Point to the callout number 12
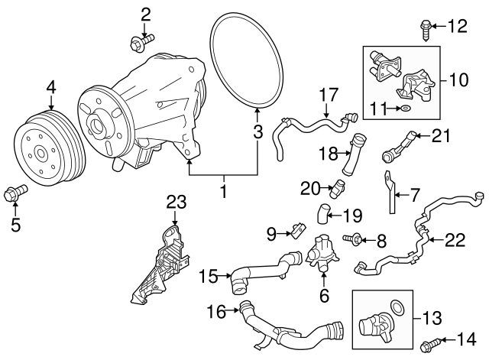[456, 28]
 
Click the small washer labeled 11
[404, 110]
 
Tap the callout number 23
[176, 202]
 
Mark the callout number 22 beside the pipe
[455, 240]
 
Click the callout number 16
[217, 311]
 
